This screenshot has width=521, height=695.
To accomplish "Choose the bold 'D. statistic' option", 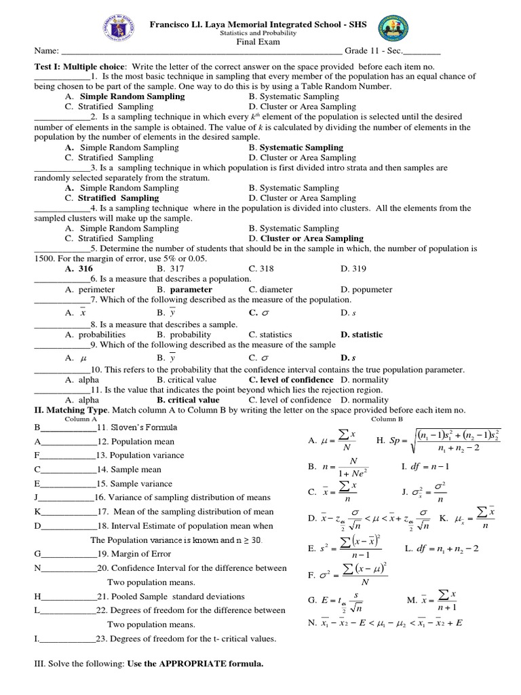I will tap(362, 335).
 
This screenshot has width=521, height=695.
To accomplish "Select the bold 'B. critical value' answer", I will tap(188, 400).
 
